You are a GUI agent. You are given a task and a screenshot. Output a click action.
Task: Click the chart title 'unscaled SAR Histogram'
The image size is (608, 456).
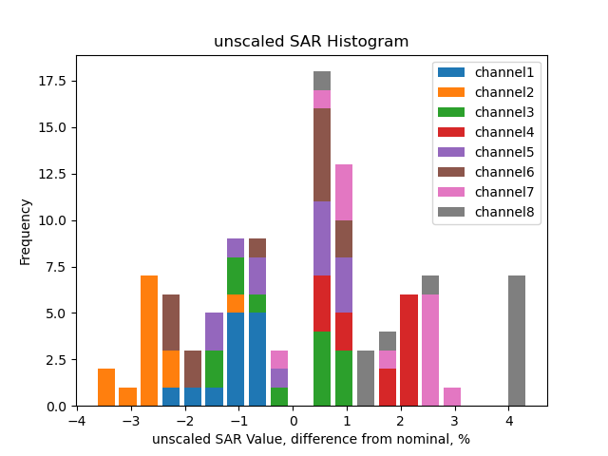[311, 42]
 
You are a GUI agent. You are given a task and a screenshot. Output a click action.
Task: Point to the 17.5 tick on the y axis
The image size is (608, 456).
[52, 81]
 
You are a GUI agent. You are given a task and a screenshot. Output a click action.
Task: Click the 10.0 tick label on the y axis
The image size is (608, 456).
[52, 220]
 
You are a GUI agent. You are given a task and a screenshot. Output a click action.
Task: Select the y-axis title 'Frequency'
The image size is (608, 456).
[26, 231]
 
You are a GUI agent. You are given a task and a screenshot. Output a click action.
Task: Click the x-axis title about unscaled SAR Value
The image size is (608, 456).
[311, 439]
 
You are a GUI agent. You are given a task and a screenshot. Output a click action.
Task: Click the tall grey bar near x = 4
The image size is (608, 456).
[517, 341]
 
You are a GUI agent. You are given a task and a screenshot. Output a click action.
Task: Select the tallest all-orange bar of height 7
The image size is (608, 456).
[149, 341]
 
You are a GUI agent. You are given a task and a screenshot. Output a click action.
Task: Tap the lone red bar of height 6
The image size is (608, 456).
[408, 351]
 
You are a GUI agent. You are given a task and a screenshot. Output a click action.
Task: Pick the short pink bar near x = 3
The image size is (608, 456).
[452, 397]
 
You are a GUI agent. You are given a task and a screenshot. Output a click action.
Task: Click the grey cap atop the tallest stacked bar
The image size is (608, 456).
[322, 81]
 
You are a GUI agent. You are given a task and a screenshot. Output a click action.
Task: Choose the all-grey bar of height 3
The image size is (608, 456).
[366, 378]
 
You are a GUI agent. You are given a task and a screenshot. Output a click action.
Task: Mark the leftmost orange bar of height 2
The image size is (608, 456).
[106, 388]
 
